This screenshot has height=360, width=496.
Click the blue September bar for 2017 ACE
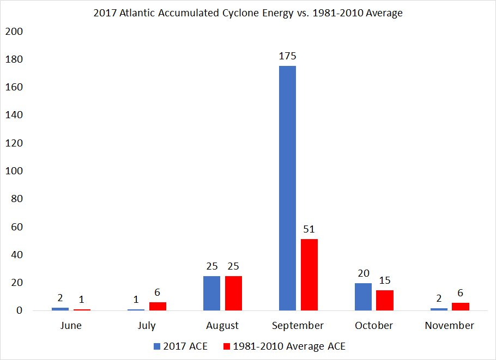(x=287, y=188)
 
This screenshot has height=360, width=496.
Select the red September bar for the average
(x=309, y=274)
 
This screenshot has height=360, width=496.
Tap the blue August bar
(x=211, y=293)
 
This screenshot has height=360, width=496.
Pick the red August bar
(x=233, y=293)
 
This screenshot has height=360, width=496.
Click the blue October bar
(x=363, y=296)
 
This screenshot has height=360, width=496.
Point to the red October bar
(x=385, y=300)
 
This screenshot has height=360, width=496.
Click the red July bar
(x=158, y=306)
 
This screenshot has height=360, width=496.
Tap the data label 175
(x=287, y=56)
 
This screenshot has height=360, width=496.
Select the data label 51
(x=309, y=229)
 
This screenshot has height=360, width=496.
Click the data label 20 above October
(x=363, y=273)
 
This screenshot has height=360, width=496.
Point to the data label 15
(x=385, y=280)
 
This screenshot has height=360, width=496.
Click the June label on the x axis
(x=71, y=326)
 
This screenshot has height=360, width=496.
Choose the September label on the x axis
(x=298, y=326)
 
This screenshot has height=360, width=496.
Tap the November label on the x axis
(x=449, y=326)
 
